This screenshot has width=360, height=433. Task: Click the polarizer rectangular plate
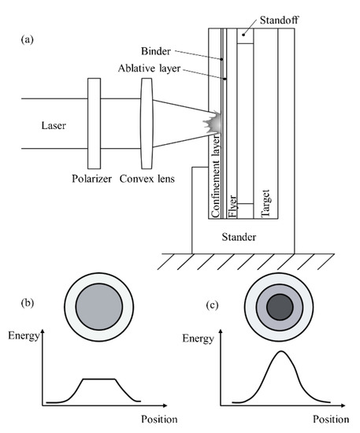coord(95,123)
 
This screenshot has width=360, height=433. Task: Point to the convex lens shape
coord(147,123)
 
